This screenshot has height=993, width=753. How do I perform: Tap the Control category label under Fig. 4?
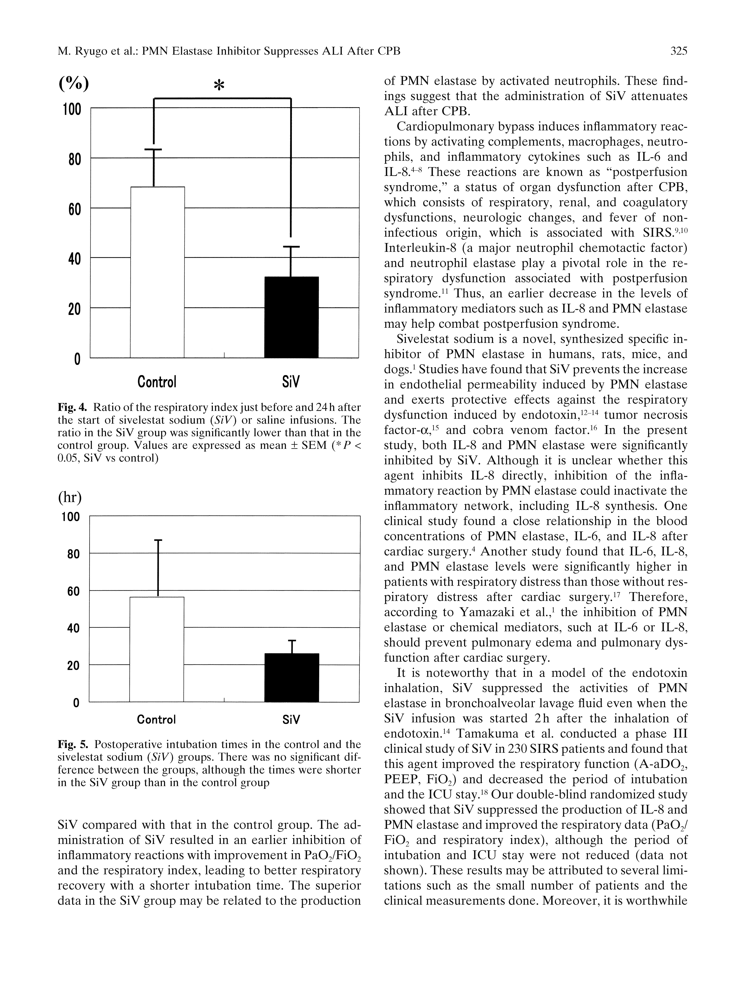click(157, 382)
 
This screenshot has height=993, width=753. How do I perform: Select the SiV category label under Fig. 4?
click(290, 382)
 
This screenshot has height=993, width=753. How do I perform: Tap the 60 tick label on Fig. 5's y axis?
click(73, 591)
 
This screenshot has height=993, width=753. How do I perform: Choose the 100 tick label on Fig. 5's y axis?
click(70, 517)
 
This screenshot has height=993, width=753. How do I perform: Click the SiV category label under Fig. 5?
click(291, 720)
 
